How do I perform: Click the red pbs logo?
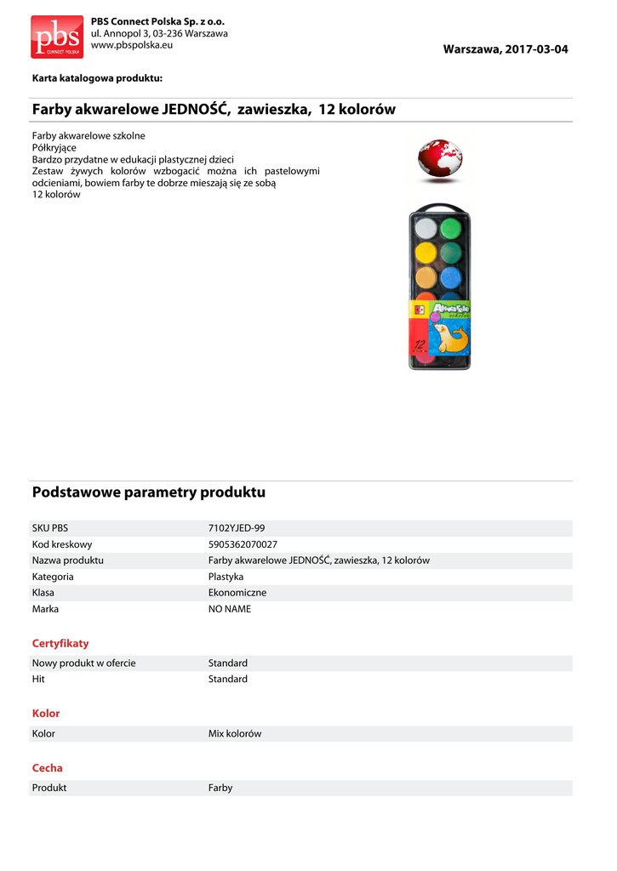click(57, 36)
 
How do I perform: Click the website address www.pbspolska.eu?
click(132, 44)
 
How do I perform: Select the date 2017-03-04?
click(536, 49)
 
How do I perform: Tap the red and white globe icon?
click(440, 160)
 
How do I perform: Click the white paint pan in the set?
click(425, 228)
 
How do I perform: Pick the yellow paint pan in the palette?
click(425, 253)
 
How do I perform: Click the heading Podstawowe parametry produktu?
click(149, 492)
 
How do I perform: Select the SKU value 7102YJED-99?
click(242, 528)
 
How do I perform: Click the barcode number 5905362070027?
click(243, 544)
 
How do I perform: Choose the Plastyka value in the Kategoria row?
click(226, 577)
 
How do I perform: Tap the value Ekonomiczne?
click(237, 593)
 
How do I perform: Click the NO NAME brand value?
click(230, 609)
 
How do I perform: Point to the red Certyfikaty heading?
click(60, 644)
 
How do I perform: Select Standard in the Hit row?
click(228, 680)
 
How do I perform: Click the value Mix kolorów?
click(235, 733)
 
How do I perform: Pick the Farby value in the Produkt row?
click(220, 788)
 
